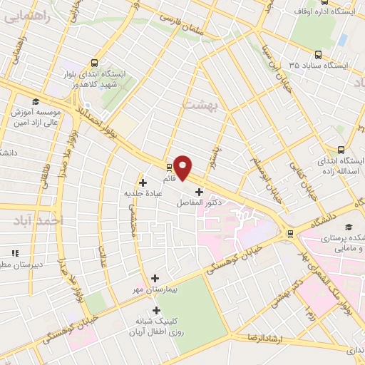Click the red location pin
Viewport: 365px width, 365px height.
(183, 167)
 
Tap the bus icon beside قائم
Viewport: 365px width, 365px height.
(168, 168)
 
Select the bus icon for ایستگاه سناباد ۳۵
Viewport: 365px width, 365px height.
(318, 54)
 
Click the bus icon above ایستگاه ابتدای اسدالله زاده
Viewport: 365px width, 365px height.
(341, 150)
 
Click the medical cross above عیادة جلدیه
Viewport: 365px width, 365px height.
(143, 182)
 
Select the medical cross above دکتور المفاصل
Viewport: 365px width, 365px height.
(199, 192)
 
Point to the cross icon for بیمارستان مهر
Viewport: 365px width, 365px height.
(155, 279)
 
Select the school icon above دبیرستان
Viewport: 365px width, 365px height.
(14, 252)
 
